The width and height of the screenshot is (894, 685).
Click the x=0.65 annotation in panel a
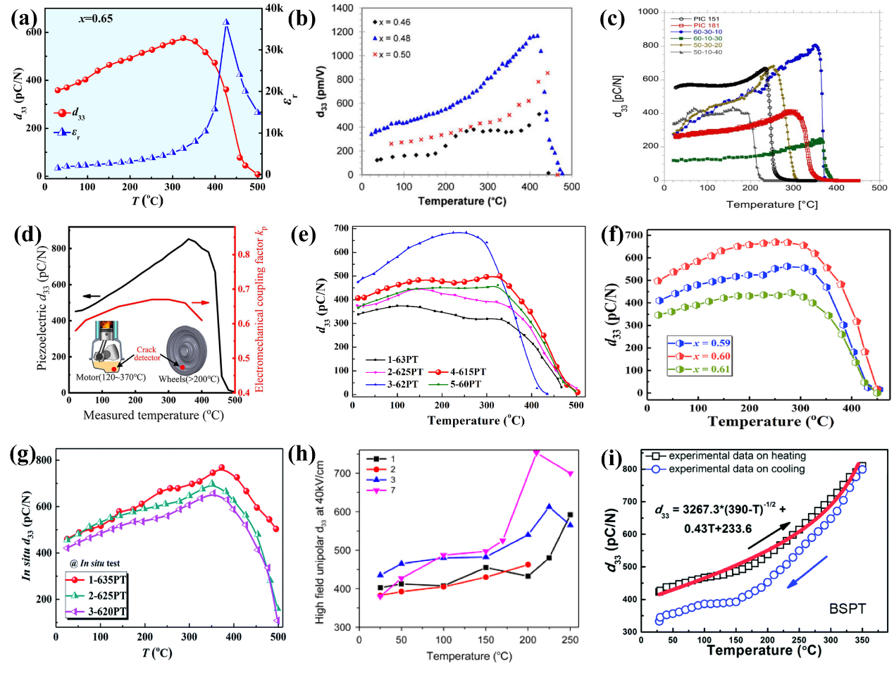pyautogui.click(x=95, y=18)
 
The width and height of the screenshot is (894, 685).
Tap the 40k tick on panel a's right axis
pyautogui.click(x=274, y=8)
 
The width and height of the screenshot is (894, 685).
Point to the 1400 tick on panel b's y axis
pyautogui.click(x=342, y=8)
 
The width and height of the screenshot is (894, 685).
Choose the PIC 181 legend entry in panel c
pyautogui.click(x=706, y=25)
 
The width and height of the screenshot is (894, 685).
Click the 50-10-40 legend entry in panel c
pyautogui.click(x=707, y=51)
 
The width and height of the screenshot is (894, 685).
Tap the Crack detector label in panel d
pyautogui.click(x=147, y=353)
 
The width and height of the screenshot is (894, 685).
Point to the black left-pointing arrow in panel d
pyautogui.click(x=92, y=296)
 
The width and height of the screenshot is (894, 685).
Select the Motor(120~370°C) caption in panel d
pyautogui.click(x=111, y=377)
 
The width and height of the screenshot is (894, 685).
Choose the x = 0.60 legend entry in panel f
pyautogui.click(x=700, y=356)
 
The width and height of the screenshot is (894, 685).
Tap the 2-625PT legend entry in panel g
pyautogui.click(x=97, y=595)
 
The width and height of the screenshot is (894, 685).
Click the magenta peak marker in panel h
pyautogui.click(x=536, y=452)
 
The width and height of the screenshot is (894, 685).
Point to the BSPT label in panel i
pyautogui.click(x=847, y=608)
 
